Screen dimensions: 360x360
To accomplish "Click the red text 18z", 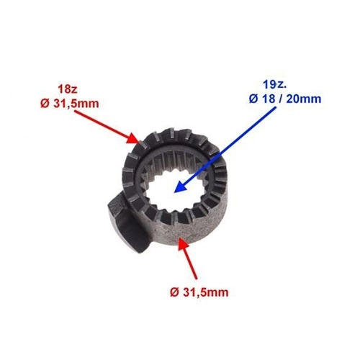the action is click(x=68, y=89).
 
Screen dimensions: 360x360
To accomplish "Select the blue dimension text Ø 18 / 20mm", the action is click(x=285, y=99).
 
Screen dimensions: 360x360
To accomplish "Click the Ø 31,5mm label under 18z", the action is click(x=70, y=104).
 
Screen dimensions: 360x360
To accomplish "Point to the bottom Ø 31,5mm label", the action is click(x=199, y=292).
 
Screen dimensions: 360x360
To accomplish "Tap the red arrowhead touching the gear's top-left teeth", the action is click(x=133, y=138).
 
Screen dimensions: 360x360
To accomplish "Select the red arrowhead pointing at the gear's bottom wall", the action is click(x=184, y=243).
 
